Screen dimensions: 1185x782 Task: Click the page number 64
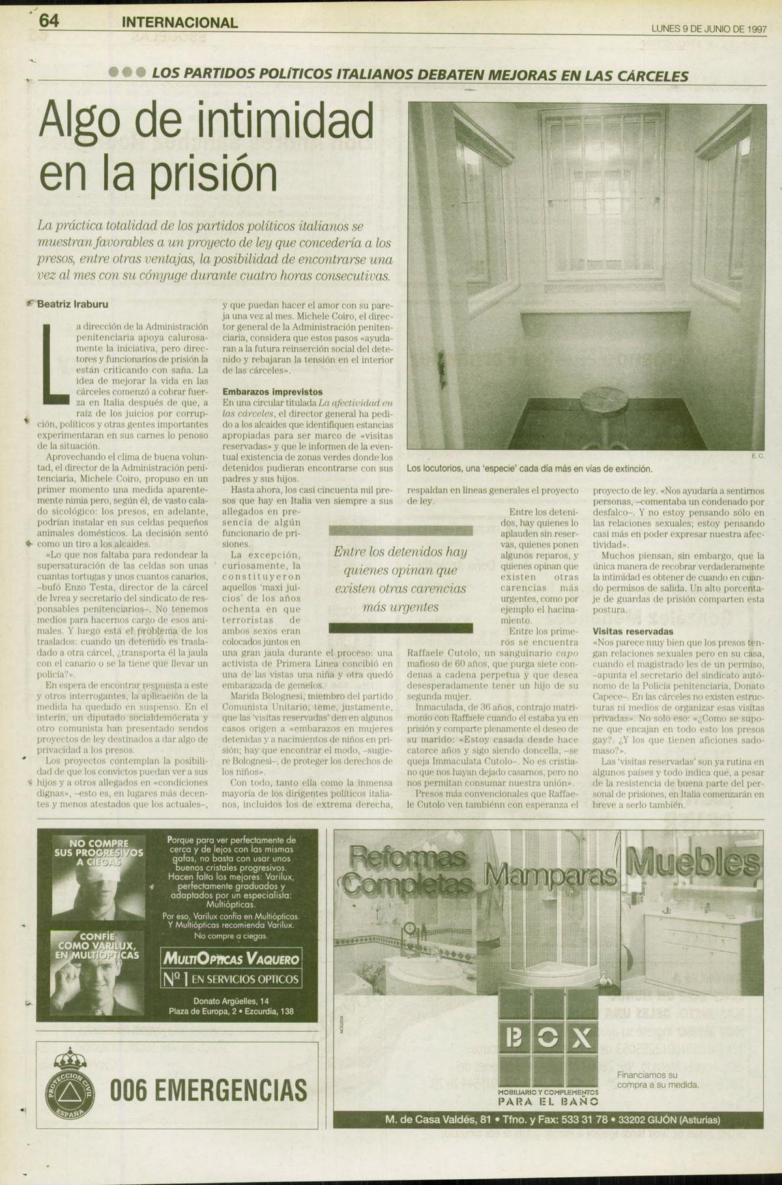50,21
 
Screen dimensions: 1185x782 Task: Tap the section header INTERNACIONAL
180,22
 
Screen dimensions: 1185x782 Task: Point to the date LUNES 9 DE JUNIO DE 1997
708,29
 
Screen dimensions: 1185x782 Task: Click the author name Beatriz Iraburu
72,304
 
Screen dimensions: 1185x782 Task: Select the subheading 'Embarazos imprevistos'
272,392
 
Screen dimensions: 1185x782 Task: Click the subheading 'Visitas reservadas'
633,632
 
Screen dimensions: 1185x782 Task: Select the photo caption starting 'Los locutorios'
529,469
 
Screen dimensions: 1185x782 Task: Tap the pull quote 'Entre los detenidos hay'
400,552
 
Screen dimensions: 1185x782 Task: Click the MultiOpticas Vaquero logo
231,959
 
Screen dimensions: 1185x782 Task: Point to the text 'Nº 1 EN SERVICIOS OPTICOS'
231,978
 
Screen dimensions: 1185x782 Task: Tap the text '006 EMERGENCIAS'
209,1090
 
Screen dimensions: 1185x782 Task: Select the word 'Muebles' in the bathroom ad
692,864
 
